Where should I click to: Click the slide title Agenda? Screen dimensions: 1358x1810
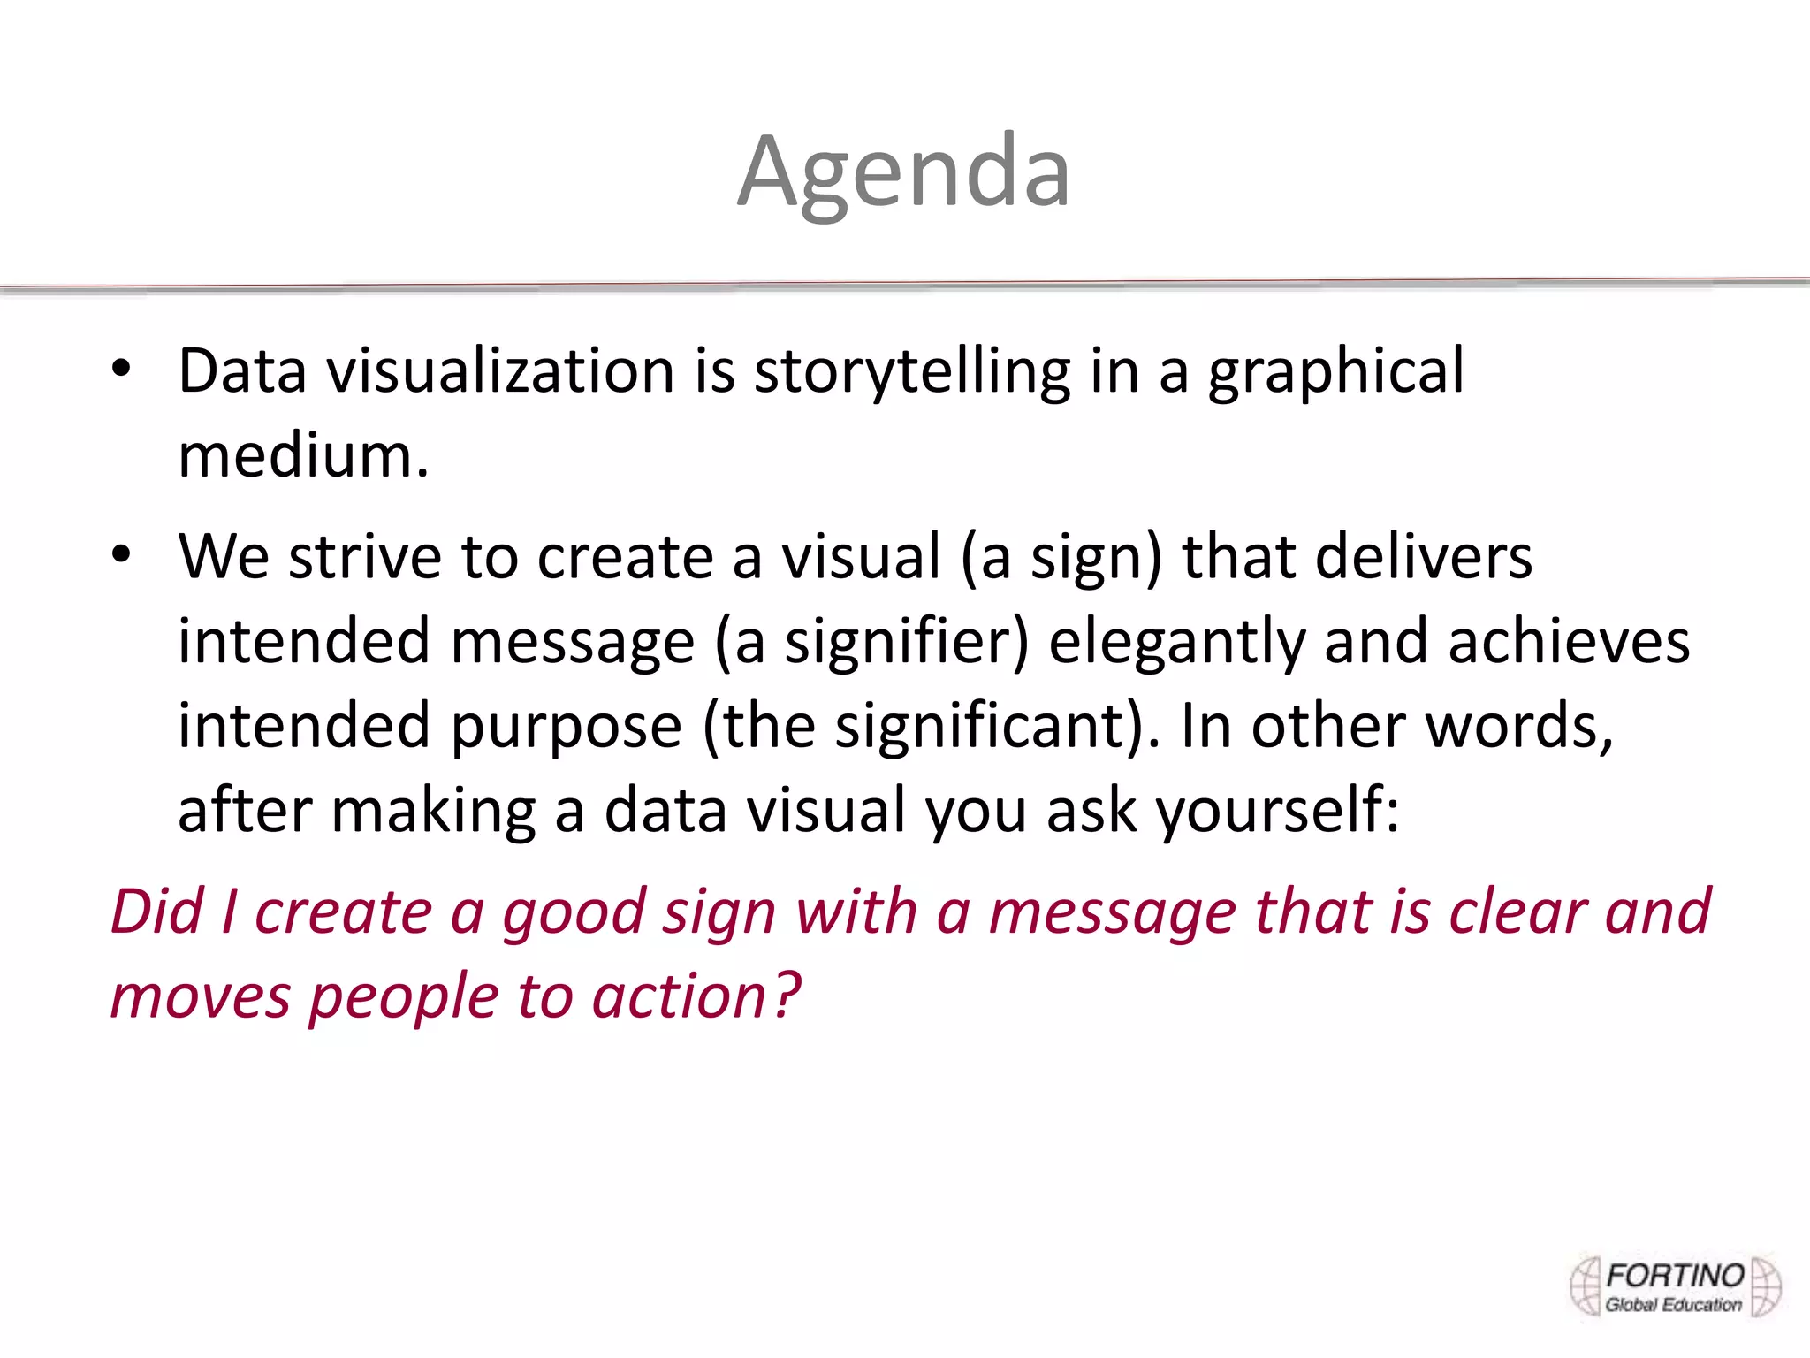(903, 172)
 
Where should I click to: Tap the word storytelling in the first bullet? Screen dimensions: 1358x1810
(911, 370)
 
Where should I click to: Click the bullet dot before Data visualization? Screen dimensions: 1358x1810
(121, 369)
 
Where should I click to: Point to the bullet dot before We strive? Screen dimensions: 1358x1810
(121, 555)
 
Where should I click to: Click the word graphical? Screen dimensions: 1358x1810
(1335, 372)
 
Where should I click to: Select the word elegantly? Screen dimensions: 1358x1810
(1176, 642)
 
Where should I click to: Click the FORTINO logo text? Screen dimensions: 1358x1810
(1675, 1276)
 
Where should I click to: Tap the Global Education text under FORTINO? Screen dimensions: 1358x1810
(1673, 1305)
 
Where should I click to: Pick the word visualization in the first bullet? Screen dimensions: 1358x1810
(501, 370)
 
